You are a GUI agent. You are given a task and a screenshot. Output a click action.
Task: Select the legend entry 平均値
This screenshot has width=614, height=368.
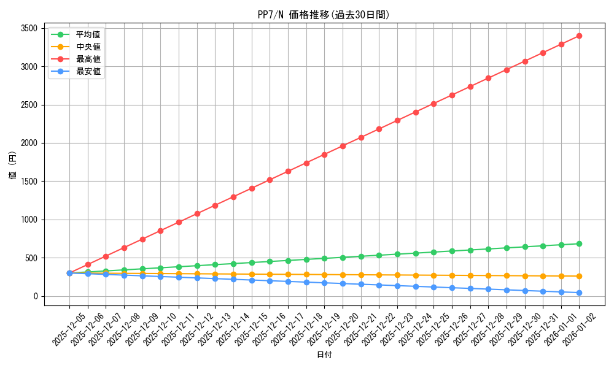click(x=88, y=34)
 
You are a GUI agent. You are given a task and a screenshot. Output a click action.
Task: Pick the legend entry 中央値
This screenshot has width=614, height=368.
click(x=88, y=47)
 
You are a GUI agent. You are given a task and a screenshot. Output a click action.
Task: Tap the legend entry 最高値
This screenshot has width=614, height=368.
click(x=88, y=59)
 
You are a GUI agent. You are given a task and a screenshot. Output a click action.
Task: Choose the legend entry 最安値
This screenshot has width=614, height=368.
click(x=88, y=71)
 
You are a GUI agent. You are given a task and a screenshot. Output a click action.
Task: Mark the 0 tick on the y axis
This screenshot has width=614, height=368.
click(x=35, y=296)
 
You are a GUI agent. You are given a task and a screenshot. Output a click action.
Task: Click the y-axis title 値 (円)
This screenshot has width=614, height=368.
click(x=13, y=166)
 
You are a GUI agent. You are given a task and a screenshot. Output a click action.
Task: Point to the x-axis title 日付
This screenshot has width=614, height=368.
click(x=324, y=355)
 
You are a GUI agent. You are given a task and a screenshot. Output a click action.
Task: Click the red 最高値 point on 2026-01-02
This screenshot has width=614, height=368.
click(x=579, y=36)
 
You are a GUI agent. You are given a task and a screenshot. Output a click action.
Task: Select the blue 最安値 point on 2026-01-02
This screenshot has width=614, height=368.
click(x=579, y=293)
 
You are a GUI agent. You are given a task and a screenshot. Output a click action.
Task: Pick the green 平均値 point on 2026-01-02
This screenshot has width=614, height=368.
click(x=579, y=243)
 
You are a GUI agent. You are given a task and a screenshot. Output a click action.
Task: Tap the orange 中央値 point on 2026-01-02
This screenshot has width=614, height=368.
click(x=579, y=276)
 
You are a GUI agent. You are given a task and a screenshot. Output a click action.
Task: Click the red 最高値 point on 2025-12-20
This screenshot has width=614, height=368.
click(x=343, y=146)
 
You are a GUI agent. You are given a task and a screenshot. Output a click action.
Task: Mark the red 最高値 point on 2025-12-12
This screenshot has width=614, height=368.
click(x=197, y=213)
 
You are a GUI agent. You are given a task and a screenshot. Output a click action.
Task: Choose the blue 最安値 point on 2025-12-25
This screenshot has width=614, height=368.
click(x=433, y=287)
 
